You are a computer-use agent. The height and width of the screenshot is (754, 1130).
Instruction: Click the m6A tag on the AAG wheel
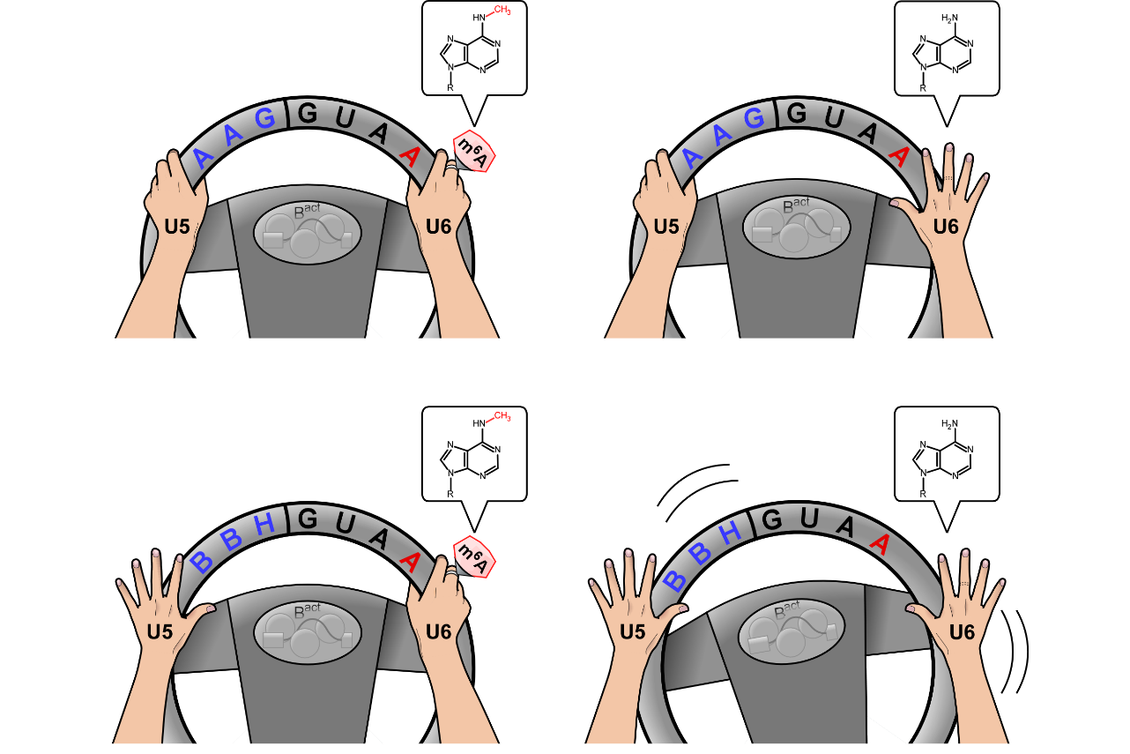point(474,151)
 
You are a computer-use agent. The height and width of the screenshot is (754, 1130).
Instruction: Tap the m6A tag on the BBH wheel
point(474,556)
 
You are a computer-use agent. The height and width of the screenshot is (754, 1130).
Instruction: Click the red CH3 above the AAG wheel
point(502,10)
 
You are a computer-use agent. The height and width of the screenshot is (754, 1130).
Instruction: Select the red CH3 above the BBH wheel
point(502,416)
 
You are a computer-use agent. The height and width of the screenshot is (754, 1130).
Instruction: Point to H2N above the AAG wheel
point(949,19)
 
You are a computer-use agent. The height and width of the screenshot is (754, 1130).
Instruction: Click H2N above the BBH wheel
point(949,424)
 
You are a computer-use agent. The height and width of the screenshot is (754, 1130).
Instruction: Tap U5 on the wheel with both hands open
point(632,632)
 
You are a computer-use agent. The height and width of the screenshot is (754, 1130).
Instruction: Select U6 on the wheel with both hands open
point(962,632)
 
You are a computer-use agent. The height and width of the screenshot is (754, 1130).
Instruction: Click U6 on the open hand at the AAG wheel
point(946,227)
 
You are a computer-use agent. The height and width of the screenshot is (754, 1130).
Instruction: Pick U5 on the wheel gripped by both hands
point(177,227)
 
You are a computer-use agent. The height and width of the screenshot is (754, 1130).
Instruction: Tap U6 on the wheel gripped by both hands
point(438,227)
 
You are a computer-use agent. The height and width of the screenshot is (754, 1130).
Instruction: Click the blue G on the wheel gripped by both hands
point(264,118)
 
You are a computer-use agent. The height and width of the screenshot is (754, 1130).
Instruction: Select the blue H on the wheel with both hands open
point(730,533)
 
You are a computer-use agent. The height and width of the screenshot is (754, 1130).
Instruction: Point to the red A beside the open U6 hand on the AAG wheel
point(898,156)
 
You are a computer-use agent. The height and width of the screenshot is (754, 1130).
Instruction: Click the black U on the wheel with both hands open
point(808,519)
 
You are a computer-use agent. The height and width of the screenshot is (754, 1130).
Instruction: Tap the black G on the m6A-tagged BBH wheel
point(308,519)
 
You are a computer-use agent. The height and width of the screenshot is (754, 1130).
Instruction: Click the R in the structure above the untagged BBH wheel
point(923,494)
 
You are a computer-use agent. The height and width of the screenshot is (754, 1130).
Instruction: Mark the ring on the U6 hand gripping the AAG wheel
point(451,166)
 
